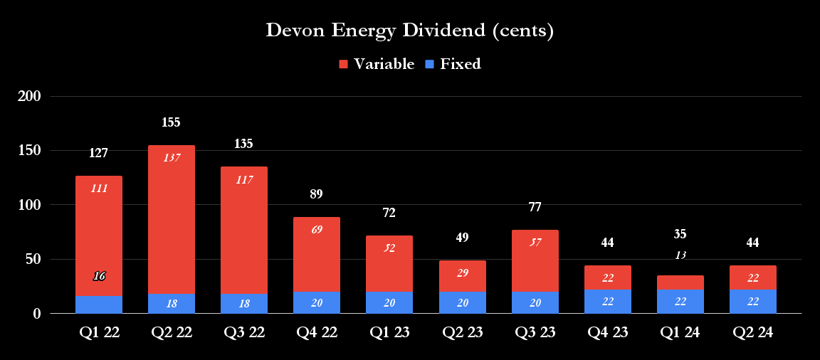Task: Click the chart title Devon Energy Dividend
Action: (x=409, y=31)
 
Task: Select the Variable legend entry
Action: (x=377, y=64)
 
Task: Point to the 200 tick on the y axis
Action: (x=29, y=96)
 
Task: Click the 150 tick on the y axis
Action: (x=29, y=151)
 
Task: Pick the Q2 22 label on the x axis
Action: (x=171, y=332)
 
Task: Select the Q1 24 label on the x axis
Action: (x=680, y=332)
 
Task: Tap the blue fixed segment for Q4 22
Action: (x=317, y=302)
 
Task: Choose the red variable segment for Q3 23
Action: (x=535, y=260)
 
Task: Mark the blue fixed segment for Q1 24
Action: (x=680, y=302)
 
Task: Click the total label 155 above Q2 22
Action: (x=171, y=122)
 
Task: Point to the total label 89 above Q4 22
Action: (x=317, y=194)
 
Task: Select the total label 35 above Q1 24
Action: (x=680, y=234)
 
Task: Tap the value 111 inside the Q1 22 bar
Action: (x=99, y=189)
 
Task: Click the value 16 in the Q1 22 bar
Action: (x=99, y=276)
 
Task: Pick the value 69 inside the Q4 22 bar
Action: (x=317, y=230)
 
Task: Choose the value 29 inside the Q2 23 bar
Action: (x=462, y=273)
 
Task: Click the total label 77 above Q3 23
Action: (x=535, y=208)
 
